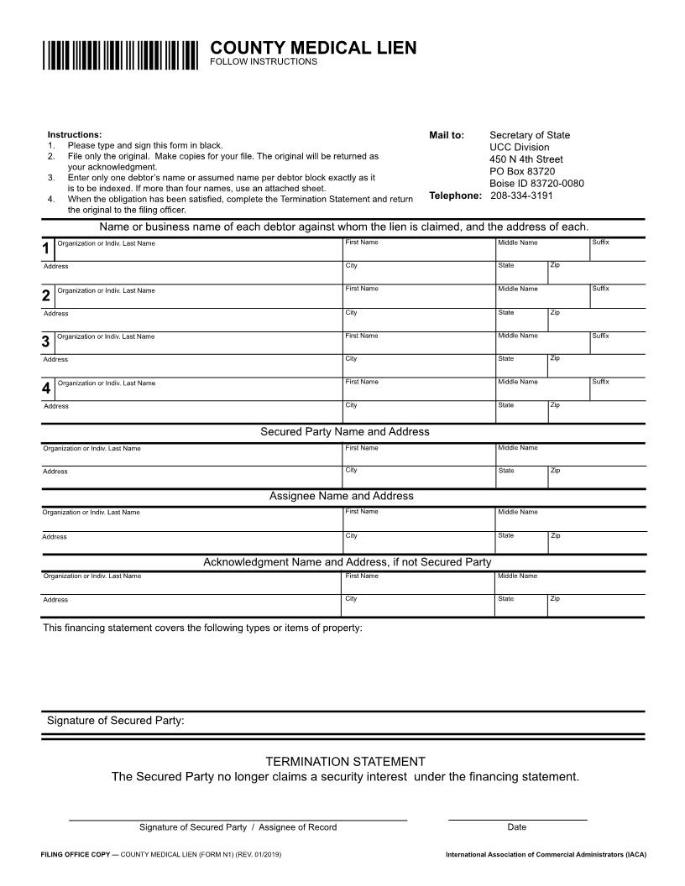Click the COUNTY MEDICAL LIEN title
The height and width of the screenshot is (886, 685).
click(312, 48)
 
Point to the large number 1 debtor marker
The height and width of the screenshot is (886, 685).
click(46, 249)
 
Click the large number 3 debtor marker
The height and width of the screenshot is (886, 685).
click(46, 342)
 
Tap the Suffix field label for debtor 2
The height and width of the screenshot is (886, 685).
click(600, 289)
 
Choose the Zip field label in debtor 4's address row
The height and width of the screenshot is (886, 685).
click(555, 405)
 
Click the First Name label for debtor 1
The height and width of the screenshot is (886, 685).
click(361, 242)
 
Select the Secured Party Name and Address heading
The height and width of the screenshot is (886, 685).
click(344, 431)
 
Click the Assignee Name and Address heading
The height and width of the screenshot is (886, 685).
click(341, 496)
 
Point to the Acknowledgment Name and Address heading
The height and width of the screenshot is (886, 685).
click(347, 562)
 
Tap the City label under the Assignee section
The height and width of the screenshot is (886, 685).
click(351, 535)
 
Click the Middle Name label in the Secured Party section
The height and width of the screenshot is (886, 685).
click(517, 448)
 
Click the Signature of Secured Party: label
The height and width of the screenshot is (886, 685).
click(115, 721)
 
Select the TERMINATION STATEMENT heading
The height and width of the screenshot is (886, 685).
click(345, 762)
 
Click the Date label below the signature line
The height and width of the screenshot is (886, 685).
click(517, 827)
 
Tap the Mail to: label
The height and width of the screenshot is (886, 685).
click(447, 135)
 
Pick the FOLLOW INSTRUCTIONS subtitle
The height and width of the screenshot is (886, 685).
click(263, 62)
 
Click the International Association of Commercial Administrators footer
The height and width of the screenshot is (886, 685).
click(546, 855)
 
